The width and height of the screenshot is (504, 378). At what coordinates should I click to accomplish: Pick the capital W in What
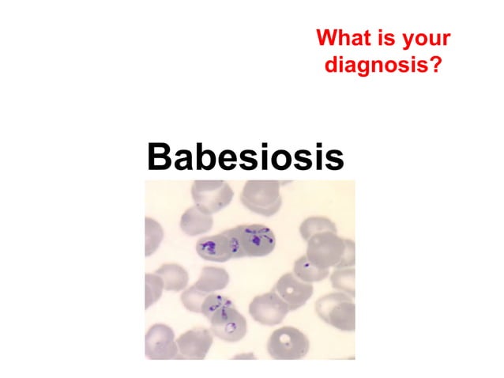(325, 38)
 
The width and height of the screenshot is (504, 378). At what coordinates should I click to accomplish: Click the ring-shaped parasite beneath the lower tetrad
(229, 327)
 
